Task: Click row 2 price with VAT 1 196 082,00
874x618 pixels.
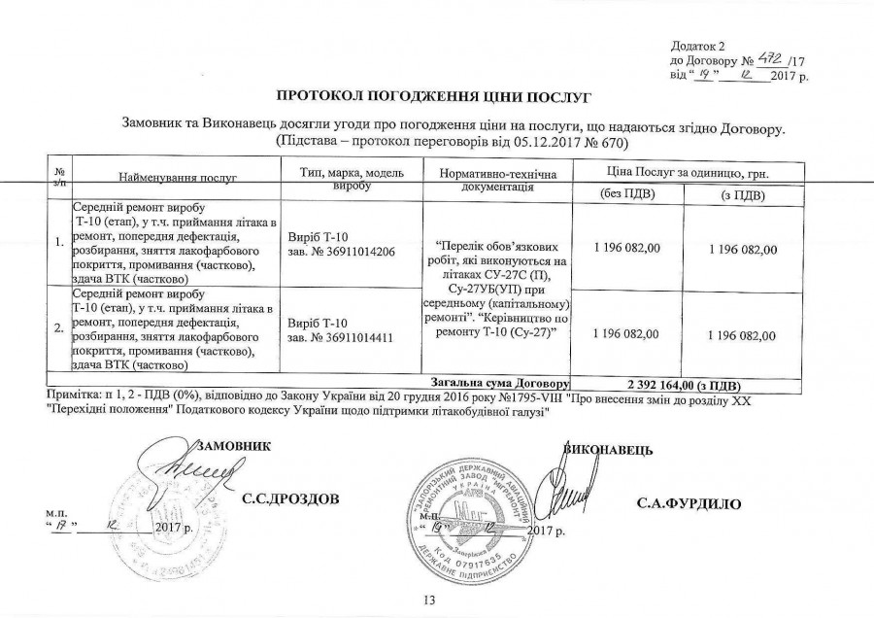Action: click(741, 335)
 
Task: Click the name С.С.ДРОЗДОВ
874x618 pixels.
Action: click(290, 499)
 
